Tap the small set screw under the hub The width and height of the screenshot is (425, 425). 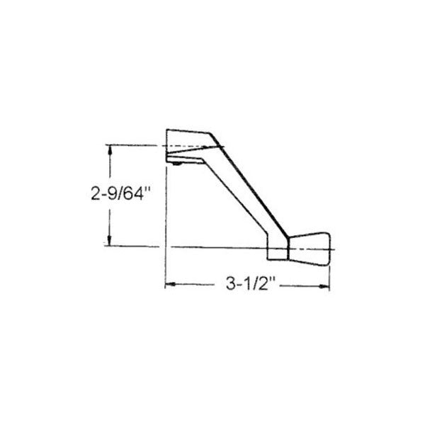pyautogui.click(x=174, y=164)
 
